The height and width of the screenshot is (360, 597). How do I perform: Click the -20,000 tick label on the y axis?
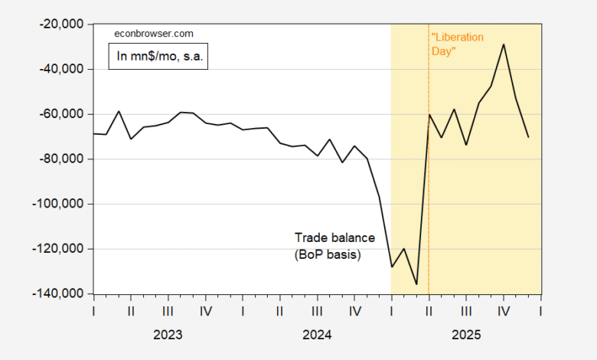point(61,24)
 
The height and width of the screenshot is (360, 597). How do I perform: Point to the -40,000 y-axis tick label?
point(61,69)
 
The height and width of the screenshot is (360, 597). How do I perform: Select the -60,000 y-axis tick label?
point(61,114)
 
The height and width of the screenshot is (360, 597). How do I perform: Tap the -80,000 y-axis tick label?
point(61,159)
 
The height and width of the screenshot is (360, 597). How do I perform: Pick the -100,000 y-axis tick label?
point(59,204)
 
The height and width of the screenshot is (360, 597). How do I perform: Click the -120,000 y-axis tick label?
point(59,249)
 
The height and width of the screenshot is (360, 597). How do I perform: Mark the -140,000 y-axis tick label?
point(59,294)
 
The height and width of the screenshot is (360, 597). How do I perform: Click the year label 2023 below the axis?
point(168,335)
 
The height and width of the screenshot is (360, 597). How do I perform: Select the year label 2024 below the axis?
point(317,335)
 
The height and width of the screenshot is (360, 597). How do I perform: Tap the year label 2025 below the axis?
point(466,335)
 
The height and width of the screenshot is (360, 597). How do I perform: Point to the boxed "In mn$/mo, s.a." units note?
point(158,57)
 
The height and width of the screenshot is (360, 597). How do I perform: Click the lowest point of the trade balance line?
point(416,284)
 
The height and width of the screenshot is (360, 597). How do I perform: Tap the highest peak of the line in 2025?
point(504,44)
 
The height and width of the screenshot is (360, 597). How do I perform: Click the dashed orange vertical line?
point(429,191)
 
